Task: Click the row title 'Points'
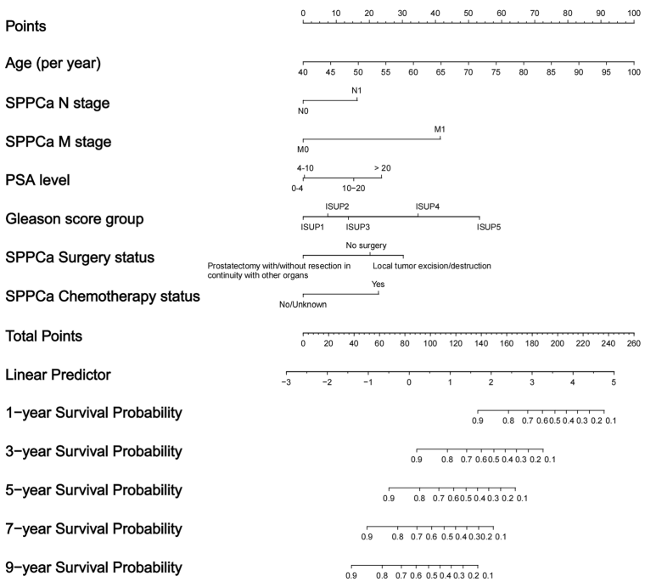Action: [x=25, y=25]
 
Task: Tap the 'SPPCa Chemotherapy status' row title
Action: [x=103, y=296]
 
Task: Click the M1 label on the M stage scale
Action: [x=440, y=129]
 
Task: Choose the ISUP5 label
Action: [x=490, y=227]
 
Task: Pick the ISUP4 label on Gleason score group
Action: [x=427, y=206]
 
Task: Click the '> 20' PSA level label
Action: [x=382, y=168]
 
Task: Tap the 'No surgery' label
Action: [x=366, y=246]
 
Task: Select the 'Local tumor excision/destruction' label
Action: [x=432, y=266]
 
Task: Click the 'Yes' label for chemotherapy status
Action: [x=379, y=285]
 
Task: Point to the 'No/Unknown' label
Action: [x=303, y=304]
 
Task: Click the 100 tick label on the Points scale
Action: [x=633, y=14]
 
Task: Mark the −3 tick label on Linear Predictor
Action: [x=286, y=382]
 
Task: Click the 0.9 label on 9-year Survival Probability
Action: [x=351, y=576]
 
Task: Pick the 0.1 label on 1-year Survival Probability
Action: [x=609, y=420]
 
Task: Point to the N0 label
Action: [x=303, y=110]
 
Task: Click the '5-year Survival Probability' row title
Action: [x=93, y=490]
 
